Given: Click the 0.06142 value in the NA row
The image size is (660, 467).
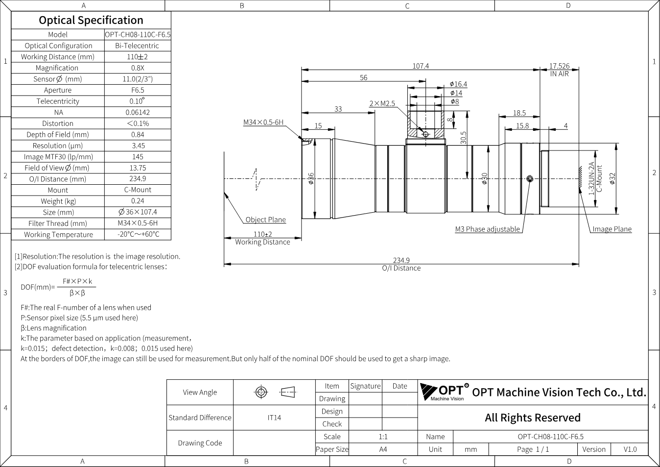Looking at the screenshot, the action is click(x=138, y=112).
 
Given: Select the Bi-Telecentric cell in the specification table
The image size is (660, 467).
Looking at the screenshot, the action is click(x=137, y=46).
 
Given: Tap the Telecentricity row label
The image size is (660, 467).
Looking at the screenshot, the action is click(x=58, y=101).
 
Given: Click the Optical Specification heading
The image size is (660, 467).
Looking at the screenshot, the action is click(x=91, y=20).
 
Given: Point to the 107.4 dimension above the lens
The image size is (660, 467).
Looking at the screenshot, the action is click(x=421, y=66).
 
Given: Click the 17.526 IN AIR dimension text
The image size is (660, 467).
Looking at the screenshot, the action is click(x=559, y=70).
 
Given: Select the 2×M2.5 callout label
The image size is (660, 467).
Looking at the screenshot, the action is click(x=382, y=103).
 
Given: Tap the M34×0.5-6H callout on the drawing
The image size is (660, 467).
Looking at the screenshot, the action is click(x=263, y=122).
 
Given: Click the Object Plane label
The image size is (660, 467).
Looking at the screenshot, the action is click(x=265, y=220).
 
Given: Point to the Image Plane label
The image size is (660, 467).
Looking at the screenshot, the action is click(x=612, y=229).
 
